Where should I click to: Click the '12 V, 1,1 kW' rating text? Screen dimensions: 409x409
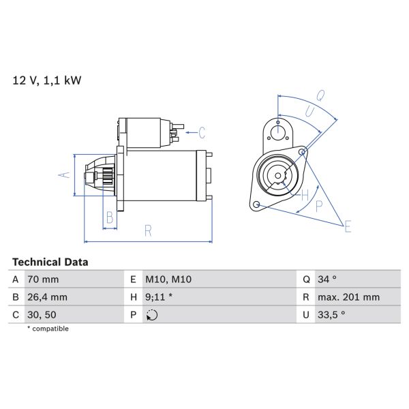(x=47, y=80)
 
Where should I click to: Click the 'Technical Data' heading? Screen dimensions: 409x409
(x=50, y=262)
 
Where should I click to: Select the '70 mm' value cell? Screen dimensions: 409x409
(x=44, y=279)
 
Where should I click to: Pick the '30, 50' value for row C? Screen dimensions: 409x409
(x=42, y=315)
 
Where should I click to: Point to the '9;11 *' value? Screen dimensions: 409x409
(x=159, y=297)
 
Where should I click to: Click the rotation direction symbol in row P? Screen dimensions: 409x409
(x=151, y=315)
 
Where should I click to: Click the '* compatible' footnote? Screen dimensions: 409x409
(x=48, y=329)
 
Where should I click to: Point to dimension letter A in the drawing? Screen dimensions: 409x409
(x=64, y=175)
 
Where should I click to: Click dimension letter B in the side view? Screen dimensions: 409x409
(x=109, y=218)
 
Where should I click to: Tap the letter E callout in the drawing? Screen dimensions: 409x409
(x=348, y=226)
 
